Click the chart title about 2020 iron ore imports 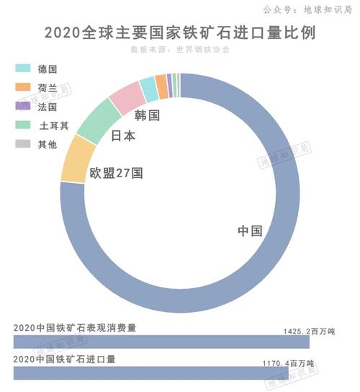[180, 33]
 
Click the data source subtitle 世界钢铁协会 [180, 50]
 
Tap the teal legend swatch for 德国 [22, 68]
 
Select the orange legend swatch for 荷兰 [22, 87]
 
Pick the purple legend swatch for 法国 [22, 106]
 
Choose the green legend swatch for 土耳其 [22, 125]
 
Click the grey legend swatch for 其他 [22, 143]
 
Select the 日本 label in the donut [123, 136]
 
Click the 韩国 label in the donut [147, 115]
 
